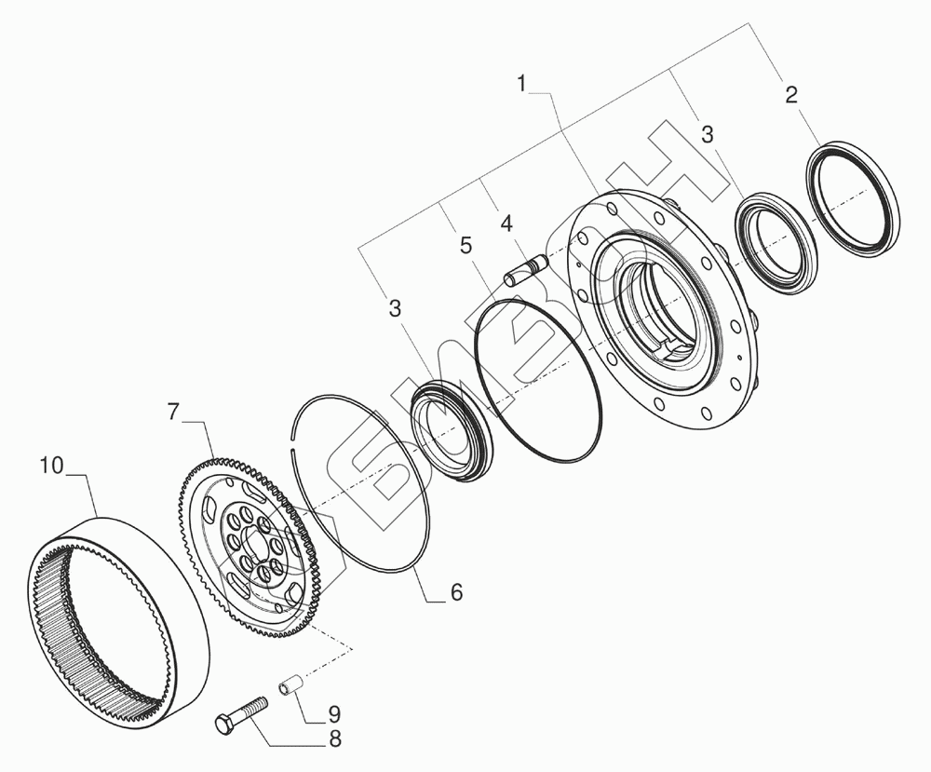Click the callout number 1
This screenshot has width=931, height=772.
[x=522, y=84]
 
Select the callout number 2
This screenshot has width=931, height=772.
[x=791, y=94]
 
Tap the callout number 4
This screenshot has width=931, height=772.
[x=506, y=224]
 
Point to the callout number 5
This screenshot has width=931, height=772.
[x=465, y=246]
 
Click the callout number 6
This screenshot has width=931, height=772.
[x=455, y=592]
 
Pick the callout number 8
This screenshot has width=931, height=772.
[x=332, y=740]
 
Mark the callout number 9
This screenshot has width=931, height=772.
[x=332, y=714]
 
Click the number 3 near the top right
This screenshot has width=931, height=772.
[x=708, y=134]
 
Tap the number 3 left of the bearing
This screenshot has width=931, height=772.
[x=396, y=308]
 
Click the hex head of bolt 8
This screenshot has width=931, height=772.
[x=225, y=724]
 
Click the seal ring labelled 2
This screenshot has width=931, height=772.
[x=853, y=197]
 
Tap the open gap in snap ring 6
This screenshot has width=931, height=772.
[x=296, y=425]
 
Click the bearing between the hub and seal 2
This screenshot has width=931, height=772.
[x=777, y=237]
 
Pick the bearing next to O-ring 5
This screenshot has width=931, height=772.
[x=452, y=431]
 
